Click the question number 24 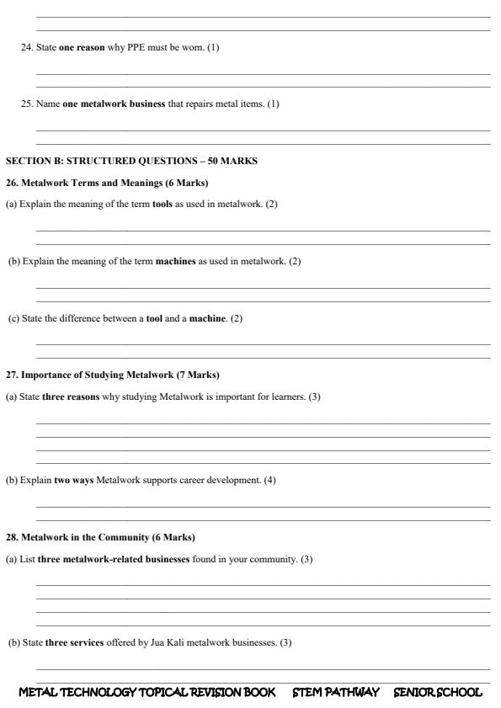(25, 47)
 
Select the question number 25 (25, 104)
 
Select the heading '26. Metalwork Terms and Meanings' (82, 183)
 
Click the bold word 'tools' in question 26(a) (163, 205)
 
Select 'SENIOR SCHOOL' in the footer (438, 692)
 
